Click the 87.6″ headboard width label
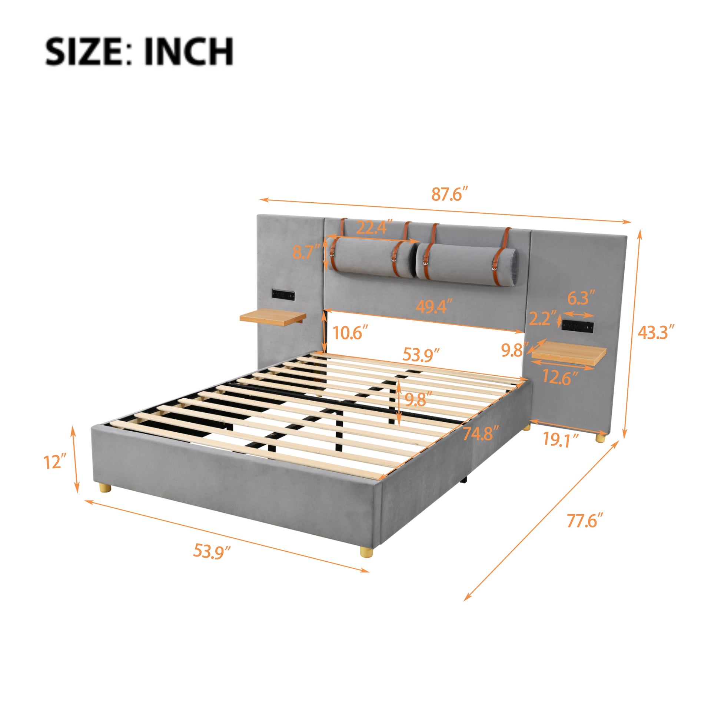pyautogui.click(x=449, y=195)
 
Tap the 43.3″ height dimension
pyautogui.click(x=656, y=332)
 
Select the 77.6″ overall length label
pyautogui.click(x=585, y=521)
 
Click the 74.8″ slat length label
pyautogui.click(x=481, y=433)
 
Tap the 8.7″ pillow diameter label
pyautogui.click(x=306, y=252)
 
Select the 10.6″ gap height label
pyautogui.click(x=348, y=332)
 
